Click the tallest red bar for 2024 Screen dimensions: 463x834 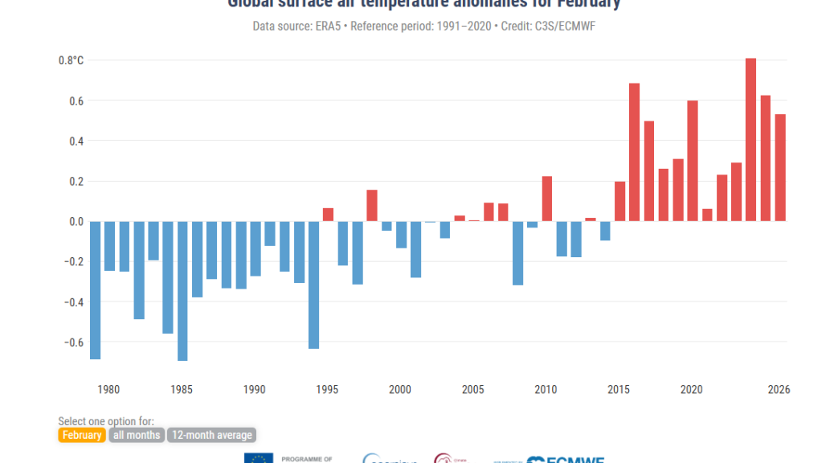point(750,140)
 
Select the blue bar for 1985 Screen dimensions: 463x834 point(182,291)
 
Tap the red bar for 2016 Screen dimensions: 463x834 point(634,152)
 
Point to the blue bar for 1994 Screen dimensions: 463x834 point(313,285)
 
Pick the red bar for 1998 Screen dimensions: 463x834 point(372,205)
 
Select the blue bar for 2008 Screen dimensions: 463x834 point(517,253)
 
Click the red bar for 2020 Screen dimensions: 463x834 point(693,161)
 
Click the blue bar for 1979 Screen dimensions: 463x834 point(95,290)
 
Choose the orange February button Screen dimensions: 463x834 point(81,435)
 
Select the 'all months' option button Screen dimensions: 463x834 point(137,435)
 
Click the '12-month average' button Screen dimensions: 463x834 point(212,435)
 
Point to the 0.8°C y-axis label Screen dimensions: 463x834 point(71,60)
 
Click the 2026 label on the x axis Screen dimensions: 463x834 point(779,390)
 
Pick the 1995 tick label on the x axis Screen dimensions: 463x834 point(328,390)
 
